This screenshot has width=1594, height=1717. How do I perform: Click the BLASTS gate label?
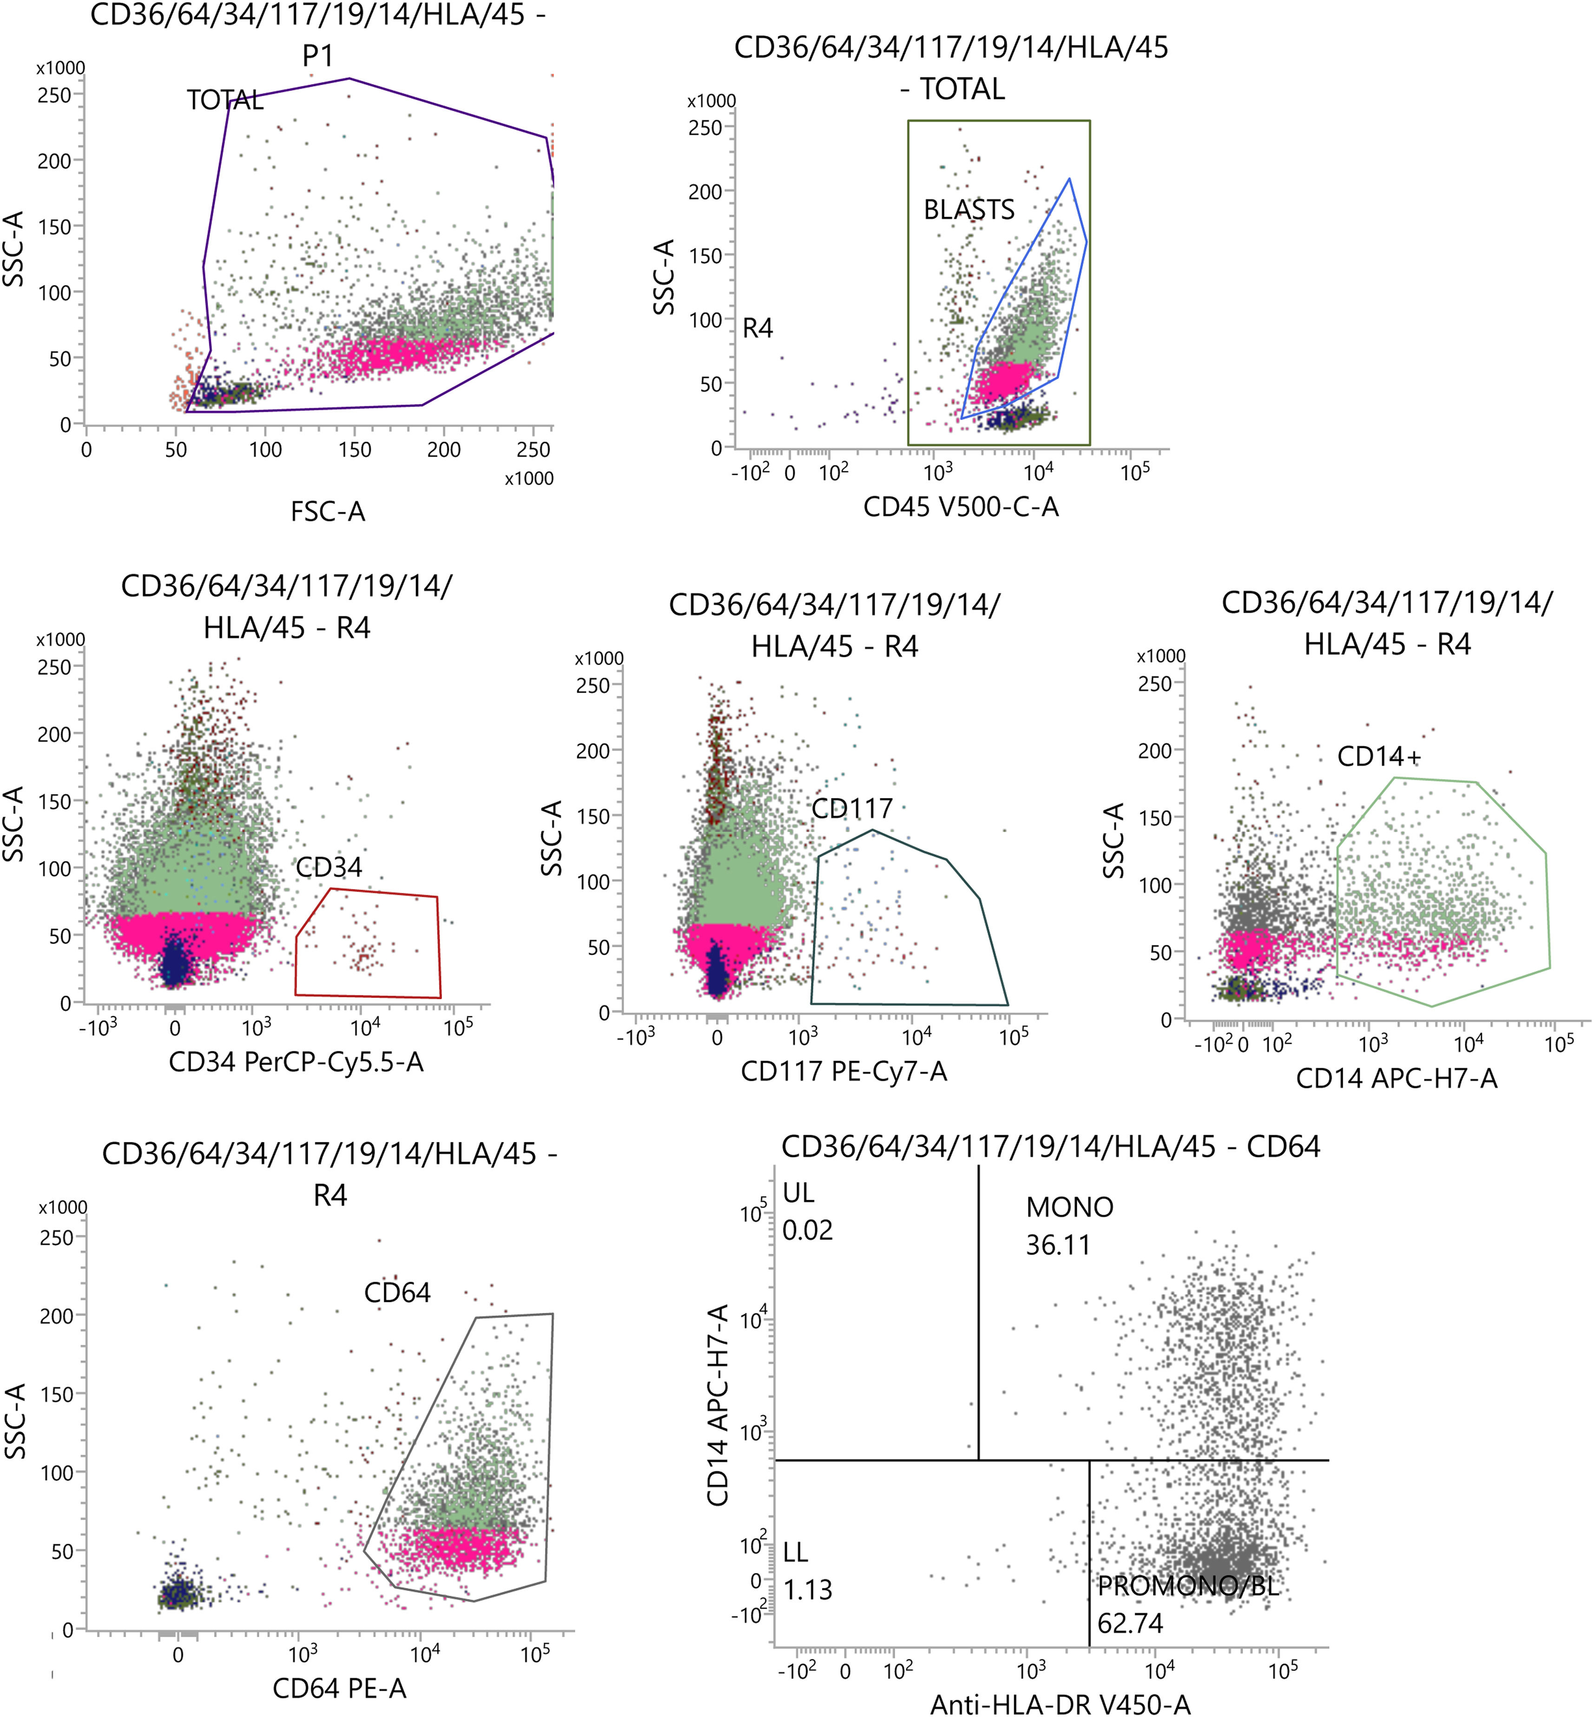(968, 210)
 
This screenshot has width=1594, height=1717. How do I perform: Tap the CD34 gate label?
(329, 867)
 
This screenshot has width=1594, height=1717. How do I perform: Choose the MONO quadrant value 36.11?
(1058, 1245)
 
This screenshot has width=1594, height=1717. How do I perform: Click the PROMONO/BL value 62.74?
(1130, 1624)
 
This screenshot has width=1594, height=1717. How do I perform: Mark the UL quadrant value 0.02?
(807, 1229)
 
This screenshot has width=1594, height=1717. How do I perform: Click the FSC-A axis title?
(328, 512)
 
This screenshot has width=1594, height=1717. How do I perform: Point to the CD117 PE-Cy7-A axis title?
(843, 1072)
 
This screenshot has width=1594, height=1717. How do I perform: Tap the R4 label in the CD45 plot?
(757, 329)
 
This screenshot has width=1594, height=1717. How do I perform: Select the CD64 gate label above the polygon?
(397, 1293)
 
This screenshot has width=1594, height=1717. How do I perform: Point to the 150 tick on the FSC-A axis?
(355, 449)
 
